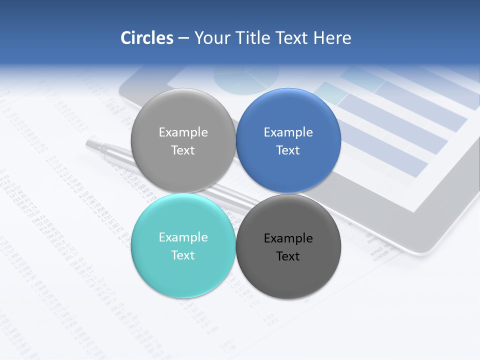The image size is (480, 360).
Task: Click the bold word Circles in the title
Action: [x=146, y=38]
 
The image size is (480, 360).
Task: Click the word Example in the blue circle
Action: [x=288, y=132]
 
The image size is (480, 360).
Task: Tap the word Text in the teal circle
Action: [x=183, y=255]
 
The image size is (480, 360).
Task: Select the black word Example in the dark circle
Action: [x=288, y=238]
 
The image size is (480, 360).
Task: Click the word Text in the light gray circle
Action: [x=183, y=150]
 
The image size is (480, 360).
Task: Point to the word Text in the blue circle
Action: [x=288, y=150]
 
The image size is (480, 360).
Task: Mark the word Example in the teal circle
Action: [x=183, y=237]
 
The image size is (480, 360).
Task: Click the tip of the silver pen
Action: [x=88, y=143]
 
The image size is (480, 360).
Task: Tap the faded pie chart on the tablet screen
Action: [x=246, y=77]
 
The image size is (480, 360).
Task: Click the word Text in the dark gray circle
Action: [x=288, y=256]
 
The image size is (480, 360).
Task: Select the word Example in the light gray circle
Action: [x=183, y=132]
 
